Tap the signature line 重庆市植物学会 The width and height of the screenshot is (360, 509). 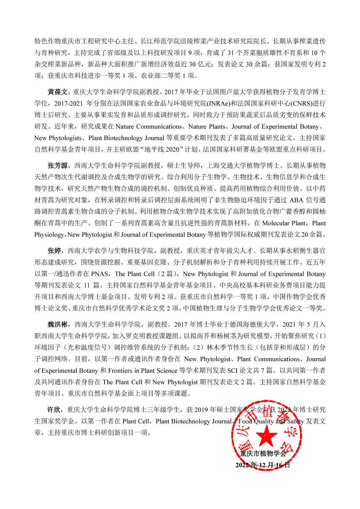pos(263,453)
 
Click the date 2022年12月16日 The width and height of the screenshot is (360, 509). pos(263,465)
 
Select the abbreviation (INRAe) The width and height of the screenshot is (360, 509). pos(217,103)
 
